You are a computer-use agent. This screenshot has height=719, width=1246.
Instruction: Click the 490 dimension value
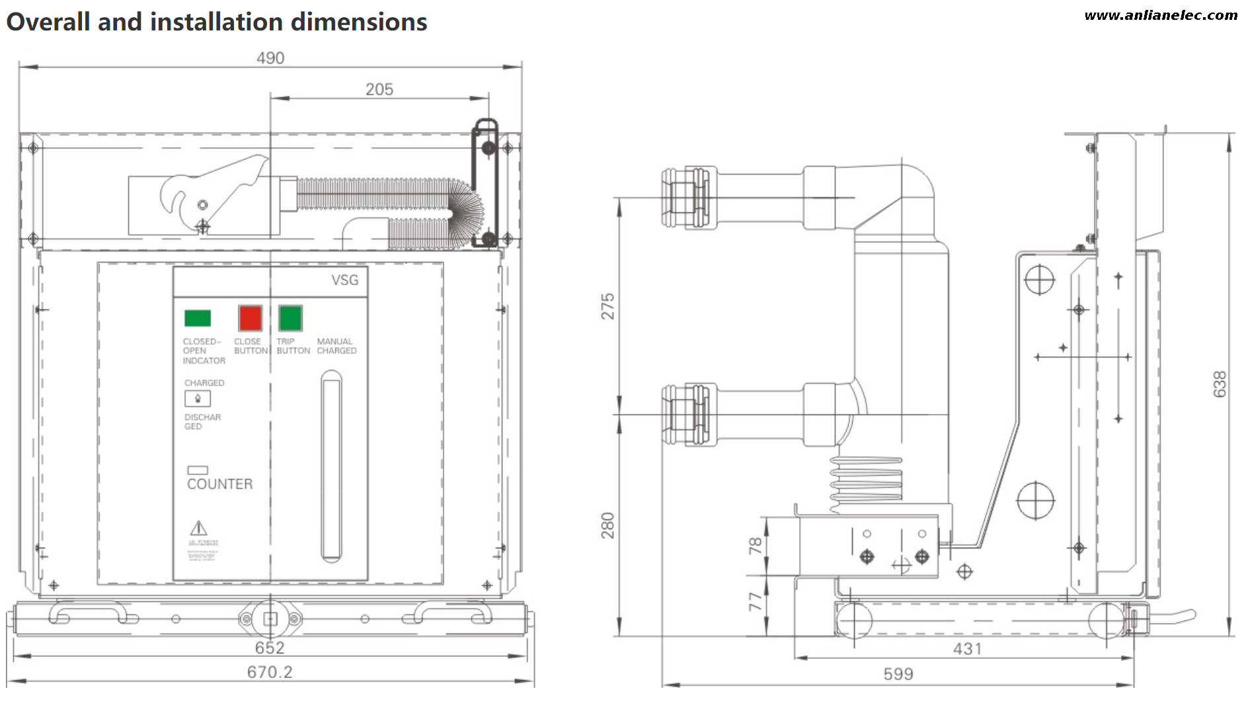click(x=270, y=58)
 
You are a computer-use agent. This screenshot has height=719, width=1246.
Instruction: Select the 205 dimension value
click(x=379, y=89)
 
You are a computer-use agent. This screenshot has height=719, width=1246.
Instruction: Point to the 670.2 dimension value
click(x=270, y=672)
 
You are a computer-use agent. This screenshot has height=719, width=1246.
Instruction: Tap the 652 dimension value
click(x=270, y=648)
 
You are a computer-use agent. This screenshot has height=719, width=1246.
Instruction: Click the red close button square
click(x=250, y=318)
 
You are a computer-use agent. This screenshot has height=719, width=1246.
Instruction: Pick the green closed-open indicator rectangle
click(x=198, y=318)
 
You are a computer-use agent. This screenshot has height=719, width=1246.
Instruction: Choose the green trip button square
click(x=290, y=318)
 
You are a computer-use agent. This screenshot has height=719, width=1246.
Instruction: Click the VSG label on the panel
click(x=345, y=280)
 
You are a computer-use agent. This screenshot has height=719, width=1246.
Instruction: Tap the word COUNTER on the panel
click(x=220, y=484)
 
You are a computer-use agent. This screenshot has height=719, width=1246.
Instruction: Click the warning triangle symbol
click(x=198, y=528)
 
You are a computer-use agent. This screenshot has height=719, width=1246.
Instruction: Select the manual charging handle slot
click(x=331, y=467)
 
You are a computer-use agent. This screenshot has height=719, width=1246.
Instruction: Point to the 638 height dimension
click(x=1220, y=384)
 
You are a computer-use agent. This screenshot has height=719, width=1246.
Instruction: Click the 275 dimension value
click(x=607, y=306)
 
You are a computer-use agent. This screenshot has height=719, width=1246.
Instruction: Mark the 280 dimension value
click(x=607, y=525)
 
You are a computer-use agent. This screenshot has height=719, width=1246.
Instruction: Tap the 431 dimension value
click(x=967, y=649)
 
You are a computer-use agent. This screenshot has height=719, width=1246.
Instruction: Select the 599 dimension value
click(x=898, y=674)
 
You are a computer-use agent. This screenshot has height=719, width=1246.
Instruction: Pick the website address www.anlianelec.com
click(x=1161, y=15)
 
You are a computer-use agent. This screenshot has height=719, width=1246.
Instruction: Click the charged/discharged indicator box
click(x=198, y=399)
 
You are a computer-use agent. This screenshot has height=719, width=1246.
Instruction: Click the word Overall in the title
click(x=48, y=22)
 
